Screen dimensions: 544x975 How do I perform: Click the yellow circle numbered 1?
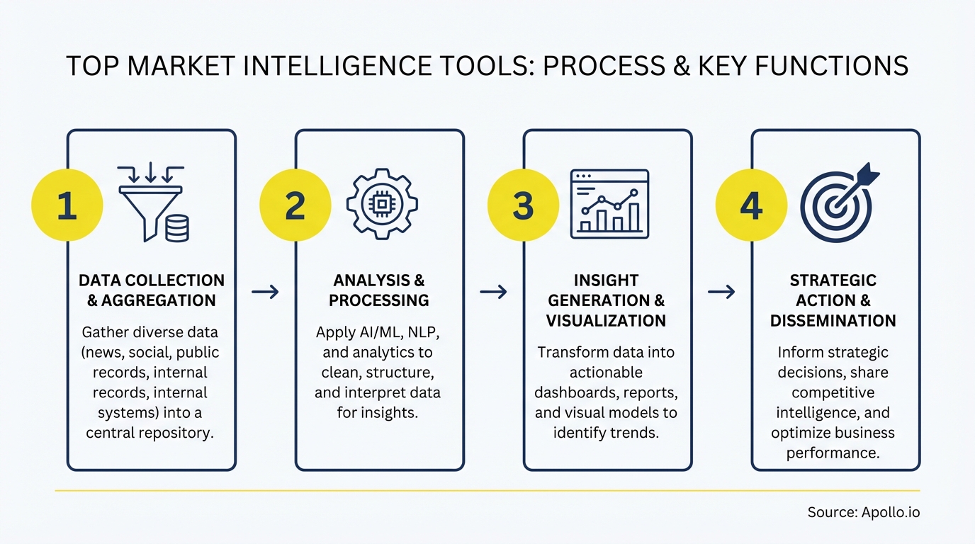(67, 205)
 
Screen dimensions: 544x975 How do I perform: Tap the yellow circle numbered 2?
(295, 205)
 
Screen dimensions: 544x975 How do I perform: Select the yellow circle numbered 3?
(523, 205)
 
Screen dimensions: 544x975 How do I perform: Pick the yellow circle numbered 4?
(751, 205)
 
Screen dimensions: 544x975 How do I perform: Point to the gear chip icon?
(381, 203)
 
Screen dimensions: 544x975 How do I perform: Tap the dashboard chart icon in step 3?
(609, 204)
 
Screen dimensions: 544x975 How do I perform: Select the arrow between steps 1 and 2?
(265, 292)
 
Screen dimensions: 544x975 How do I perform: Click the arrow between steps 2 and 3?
(493, 292)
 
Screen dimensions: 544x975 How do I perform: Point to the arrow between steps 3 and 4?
(721, 292)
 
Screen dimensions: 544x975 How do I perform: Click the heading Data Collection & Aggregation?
(152, 290)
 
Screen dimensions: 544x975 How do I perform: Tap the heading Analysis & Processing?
(379, 290)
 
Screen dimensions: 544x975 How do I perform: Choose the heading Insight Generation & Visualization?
(606, 300)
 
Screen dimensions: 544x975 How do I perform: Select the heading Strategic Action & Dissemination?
(833, 300)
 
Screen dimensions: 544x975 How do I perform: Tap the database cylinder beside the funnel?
(177, 229)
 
